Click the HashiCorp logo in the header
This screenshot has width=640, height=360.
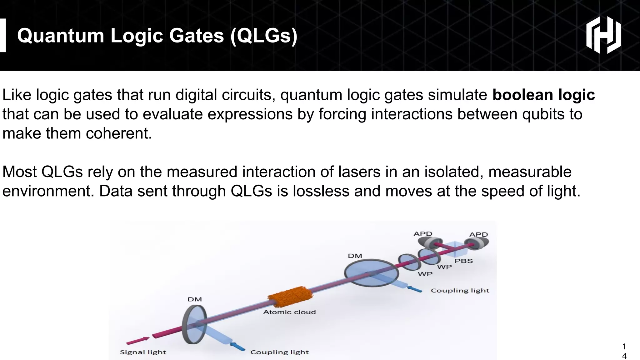click(603, 35)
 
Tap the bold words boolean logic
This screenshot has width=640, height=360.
click(543, 95)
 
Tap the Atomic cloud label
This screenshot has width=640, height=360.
click(289, 312)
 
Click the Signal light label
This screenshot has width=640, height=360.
click(143, 352)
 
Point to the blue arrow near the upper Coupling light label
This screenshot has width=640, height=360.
click(414, 289)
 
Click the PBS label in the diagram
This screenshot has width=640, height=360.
click(463, 261)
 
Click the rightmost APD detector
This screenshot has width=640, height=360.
click(477, 244)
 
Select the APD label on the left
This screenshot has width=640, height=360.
click(423, 234)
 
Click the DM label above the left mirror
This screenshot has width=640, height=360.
click(194, 299)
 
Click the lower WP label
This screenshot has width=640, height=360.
click(425, 274)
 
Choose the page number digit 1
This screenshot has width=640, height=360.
click(624, 346)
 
